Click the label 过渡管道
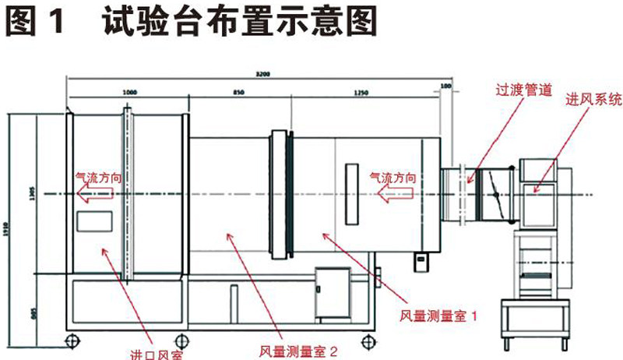(523, 90)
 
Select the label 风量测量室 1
(437, 316)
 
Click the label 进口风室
(155, 355)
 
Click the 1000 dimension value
(130, 92)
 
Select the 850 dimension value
(240, 92)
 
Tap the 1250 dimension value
(361, 92)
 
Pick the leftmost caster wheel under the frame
(72, 340)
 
